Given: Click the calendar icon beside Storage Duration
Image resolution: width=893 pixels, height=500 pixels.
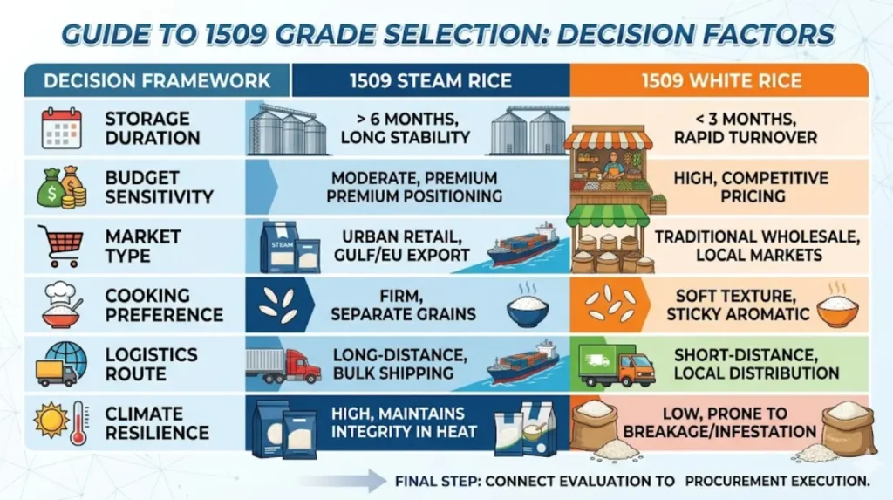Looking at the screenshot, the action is coord(62,127).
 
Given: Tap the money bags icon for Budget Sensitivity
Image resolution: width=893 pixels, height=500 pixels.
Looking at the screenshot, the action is coord(62,187).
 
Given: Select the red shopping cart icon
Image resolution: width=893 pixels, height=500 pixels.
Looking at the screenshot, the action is coord(61,246).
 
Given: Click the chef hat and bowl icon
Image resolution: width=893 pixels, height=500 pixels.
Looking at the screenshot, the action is coord(62,305).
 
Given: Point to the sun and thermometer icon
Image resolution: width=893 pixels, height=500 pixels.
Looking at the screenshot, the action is coord(62,423).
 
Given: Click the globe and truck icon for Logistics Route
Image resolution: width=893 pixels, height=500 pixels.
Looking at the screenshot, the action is coord(62,364).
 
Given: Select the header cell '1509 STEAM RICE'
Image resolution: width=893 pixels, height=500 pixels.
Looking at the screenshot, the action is coord(431,80).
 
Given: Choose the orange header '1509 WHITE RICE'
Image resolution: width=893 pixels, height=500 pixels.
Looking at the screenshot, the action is coord(721,80).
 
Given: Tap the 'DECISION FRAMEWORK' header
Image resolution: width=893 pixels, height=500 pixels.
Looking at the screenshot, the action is coord(157,80).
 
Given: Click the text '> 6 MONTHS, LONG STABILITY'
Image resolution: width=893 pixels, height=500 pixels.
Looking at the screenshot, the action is coord(405,128).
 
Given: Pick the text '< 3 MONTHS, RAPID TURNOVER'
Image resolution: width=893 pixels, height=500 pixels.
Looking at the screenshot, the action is coord(745,128).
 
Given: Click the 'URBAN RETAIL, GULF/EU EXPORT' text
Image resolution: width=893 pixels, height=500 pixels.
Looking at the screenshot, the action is coord(401,246).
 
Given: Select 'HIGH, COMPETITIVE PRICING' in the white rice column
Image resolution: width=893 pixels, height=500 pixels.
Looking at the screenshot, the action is coord(751,187).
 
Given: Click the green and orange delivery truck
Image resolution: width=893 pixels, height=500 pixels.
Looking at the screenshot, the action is coord(617,366).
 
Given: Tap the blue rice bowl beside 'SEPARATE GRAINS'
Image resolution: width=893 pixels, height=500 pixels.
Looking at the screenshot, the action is coord(528,308).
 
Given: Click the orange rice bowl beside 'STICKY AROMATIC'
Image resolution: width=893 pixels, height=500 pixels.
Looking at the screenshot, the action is coord(837,307).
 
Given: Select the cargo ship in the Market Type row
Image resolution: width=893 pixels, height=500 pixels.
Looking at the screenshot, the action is coord(523,245).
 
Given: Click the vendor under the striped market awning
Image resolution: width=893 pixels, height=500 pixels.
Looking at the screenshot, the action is coord(613,164).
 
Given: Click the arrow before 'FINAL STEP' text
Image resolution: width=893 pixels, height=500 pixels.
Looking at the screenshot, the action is coord(343,481).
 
